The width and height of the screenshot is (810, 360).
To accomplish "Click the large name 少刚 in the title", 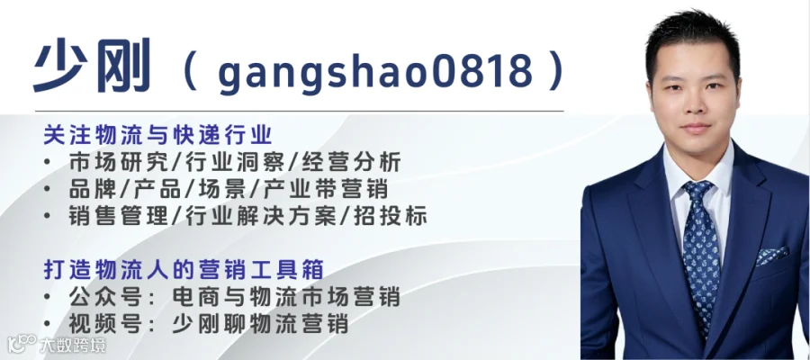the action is (x=92, y=65).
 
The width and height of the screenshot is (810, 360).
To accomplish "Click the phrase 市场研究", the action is (x=118, y=163).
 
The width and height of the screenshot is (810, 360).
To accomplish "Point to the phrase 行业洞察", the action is (x=229, y=163).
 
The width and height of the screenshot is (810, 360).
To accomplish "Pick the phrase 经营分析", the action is (x=351, y=163).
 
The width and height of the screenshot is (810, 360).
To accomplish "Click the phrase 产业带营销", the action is (x=326, y=190).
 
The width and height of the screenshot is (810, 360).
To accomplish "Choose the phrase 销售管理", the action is (x=118, y=216).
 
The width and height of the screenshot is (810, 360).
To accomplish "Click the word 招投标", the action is (x=390, y=216).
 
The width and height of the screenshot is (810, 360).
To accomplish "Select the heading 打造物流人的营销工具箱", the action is (x=184, y=270).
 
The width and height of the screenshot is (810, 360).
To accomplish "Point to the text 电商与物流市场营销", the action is (x=286, y=298).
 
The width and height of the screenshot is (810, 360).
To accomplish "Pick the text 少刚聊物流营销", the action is (x=260, y=324).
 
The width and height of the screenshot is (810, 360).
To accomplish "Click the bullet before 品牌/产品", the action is (x=48, y=190).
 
